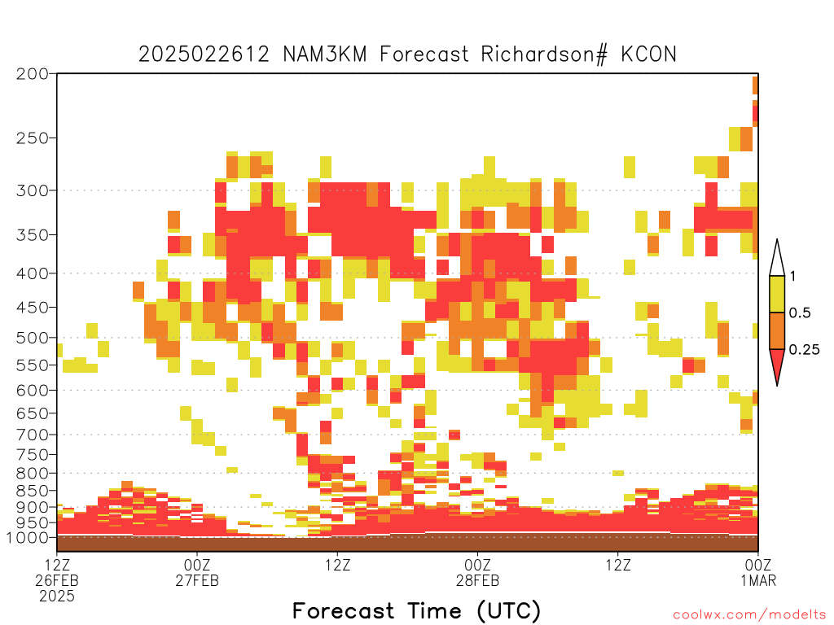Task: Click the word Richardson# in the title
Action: point(543,55)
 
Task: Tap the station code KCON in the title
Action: point(648,55)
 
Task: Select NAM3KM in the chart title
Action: point(324,55)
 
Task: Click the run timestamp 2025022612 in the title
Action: point(204,55)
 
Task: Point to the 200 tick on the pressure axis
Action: point(33,74)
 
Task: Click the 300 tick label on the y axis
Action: point(33,190)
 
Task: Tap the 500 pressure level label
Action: point(33,338)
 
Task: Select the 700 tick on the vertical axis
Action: point(33,435)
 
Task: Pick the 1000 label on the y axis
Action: point(27,538)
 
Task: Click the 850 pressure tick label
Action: point(33,491)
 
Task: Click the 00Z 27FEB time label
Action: point(197,572)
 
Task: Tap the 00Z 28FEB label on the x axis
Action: point(477,572)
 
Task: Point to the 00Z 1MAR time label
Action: point(758,572)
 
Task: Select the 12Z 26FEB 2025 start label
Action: point(57,580)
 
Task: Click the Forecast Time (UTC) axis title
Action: point(416,611)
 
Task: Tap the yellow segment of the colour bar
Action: point(777,294)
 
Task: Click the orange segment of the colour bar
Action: point(777,330)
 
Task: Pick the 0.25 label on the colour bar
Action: point(804,350)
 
